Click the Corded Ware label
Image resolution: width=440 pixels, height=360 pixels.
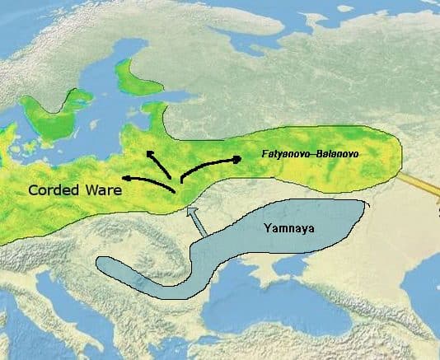pos(74,190)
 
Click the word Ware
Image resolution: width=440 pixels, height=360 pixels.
pos(103,190)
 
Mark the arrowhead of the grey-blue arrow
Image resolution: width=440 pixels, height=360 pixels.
pos(190,213)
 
